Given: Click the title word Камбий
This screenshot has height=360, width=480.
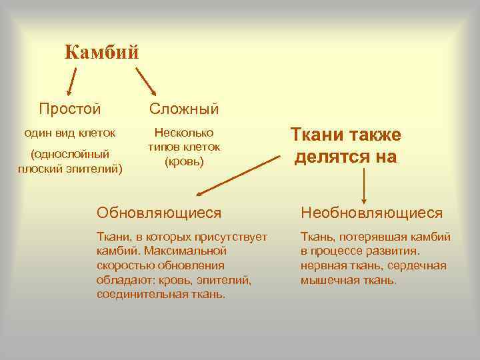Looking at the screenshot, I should pyautogui.click(x=102, y=51).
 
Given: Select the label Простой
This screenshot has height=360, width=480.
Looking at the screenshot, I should pyautogui.click(x=70, y=108).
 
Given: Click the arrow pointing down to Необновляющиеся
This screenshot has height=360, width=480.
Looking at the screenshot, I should pyautogui.click(x=364, y=185).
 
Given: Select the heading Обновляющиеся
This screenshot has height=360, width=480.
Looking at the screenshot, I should pyautogui.click(x=159, y=213).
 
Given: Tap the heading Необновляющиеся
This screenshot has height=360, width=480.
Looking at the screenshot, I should pyautogui.click(x=372, y=213).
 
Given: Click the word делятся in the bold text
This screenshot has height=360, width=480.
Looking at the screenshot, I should pyautogui.click(x=334, y=157).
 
